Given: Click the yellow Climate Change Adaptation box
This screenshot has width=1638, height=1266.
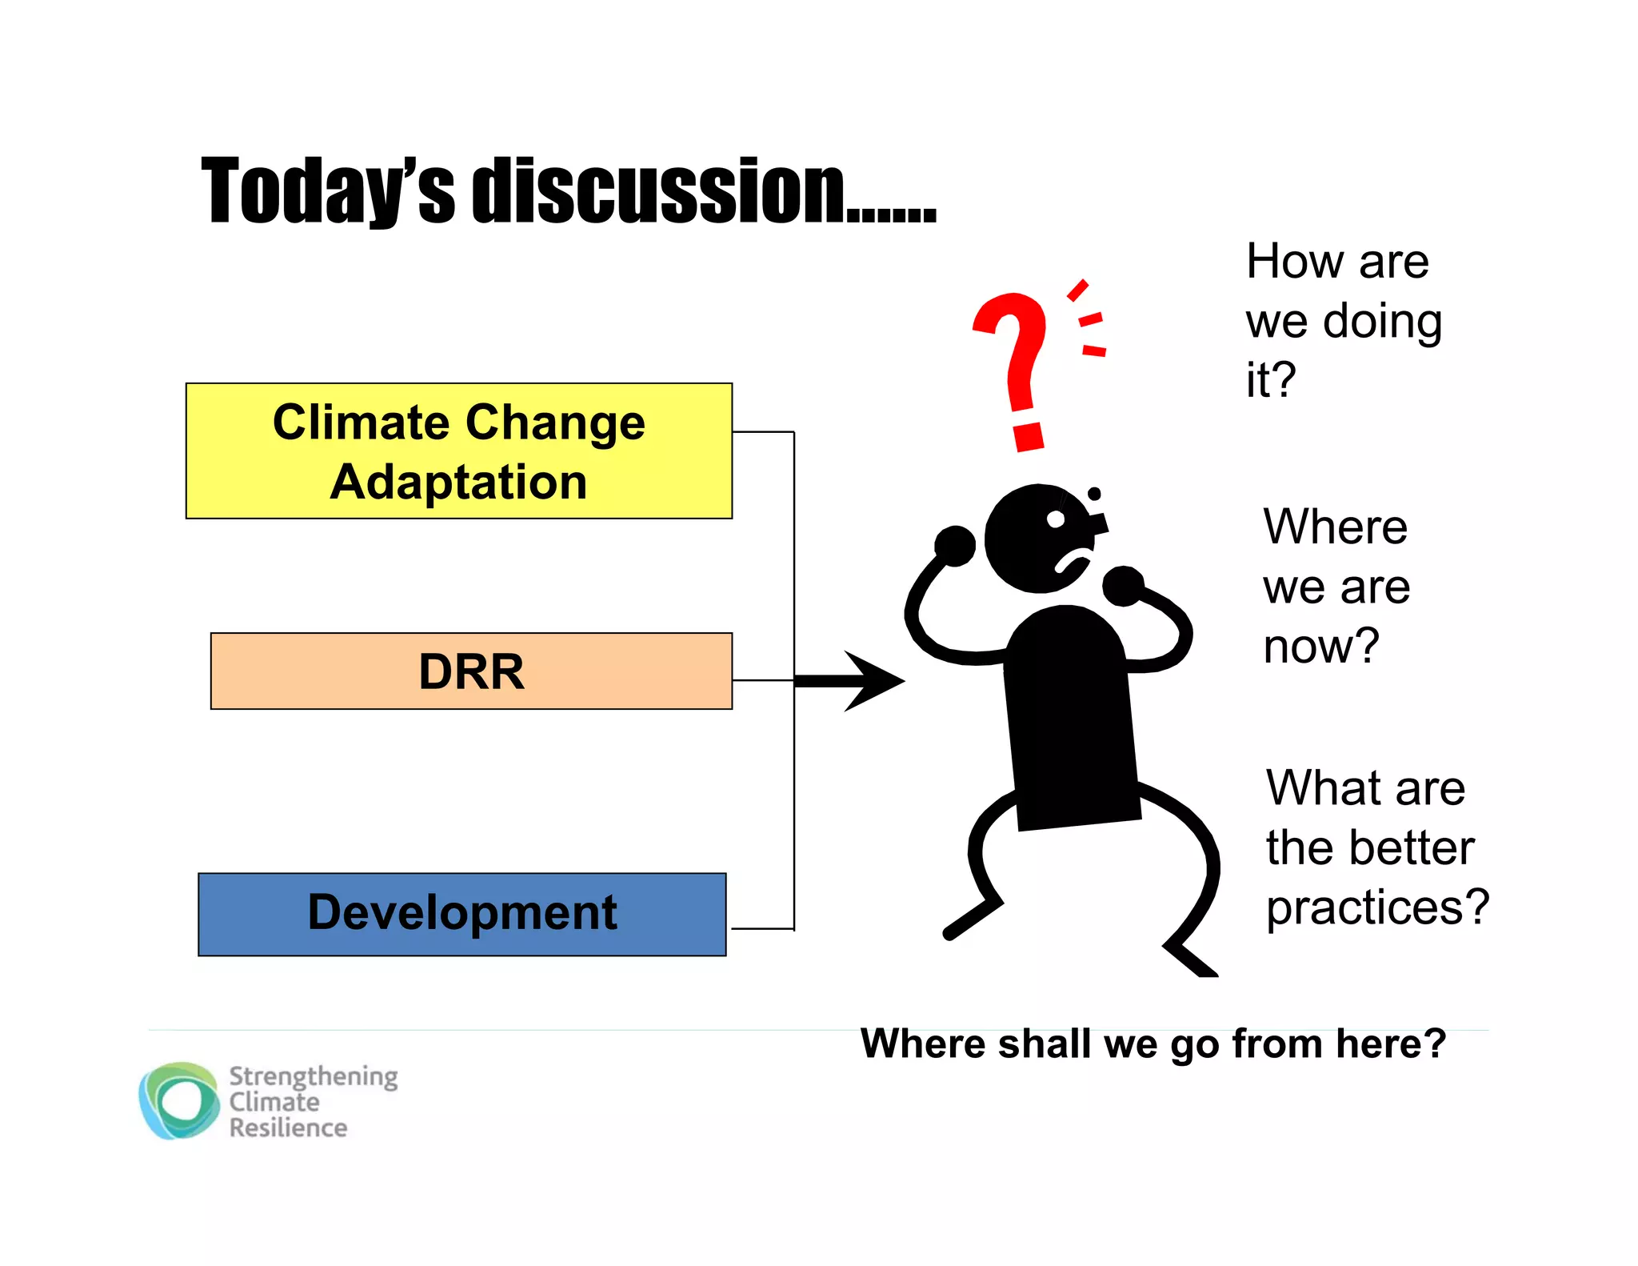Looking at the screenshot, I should coord(458,451).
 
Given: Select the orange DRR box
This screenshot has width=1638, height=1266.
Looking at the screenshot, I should coord(471,671).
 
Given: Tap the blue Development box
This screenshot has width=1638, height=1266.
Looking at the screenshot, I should coord(461,913).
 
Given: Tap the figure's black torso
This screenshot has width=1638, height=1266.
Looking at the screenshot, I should coord(1069,720).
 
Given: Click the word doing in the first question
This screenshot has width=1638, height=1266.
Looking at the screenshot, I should coord(1383,322).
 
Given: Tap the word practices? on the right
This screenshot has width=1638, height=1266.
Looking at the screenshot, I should coord(1377,907).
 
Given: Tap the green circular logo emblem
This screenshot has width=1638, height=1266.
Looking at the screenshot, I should coord(180,1101).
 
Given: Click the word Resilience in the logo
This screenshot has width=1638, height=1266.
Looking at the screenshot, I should coord(288,1128).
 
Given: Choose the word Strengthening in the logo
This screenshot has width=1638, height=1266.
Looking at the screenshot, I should coord(313,1076).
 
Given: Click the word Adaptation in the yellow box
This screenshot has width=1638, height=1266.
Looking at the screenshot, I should coord(458,483).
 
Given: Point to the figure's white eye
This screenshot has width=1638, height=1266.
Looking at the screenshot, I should coord(1056,519).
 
